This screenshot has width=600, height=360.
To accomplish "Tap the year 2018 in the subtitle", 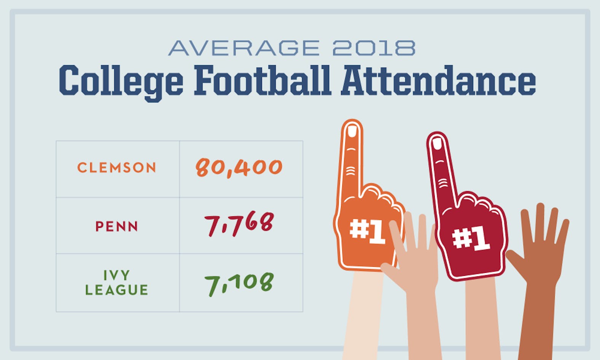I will point(373,48).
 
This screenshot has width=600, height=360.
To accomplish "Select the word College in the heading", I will point(121,81).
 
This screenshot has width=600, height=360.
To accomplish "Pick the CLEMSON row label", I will point(117,168).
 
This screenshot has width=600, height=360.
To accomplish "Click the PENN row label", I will point(116,226).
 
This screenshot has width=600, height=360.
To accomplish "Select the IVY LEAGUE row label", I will point(116,283).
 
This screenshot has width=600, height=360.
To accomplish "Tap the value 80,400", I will point(239,167).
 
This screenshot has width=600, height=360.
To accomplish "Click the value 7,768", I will point(239,224).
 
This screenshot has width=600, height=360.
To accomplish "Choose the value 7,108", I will point(239,284).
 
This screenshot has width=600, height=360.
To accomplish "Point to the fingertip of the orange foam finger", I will point(352,131).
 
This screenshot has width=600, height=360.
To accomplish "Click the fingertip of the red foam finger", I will point(437,143).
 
